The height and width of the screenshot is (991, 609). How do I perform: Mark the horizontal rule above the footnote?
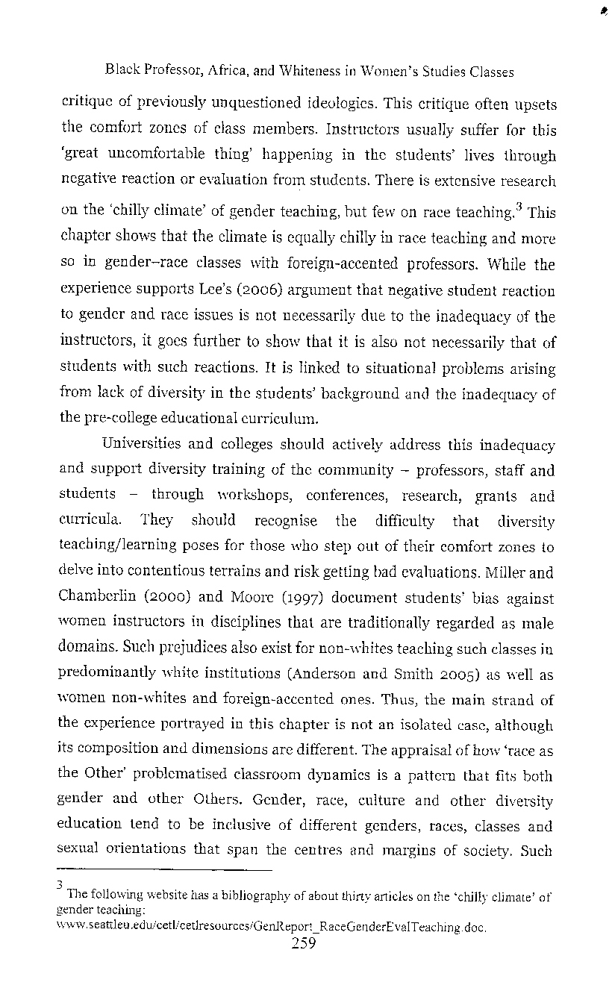point(165,869)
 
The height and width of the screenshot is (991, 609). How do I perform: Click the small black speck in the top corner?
point(600,11)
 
